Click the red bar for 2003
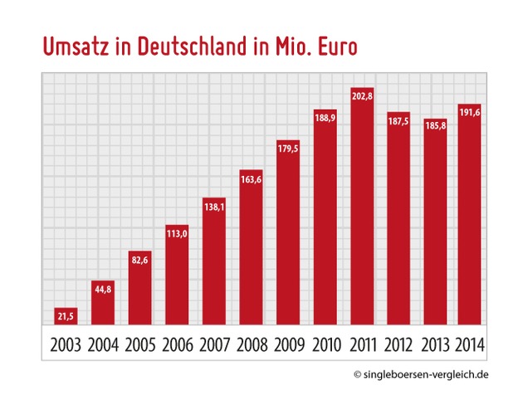coord(66,316)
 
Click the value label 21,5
coord(66,316)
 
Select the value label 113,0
coord(177,233)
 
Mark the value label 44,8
coord(103,290)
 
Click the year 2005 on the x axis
coord(140,344)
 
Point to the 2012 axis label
coord(398,344)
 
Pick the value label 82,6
coord(139,261)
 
